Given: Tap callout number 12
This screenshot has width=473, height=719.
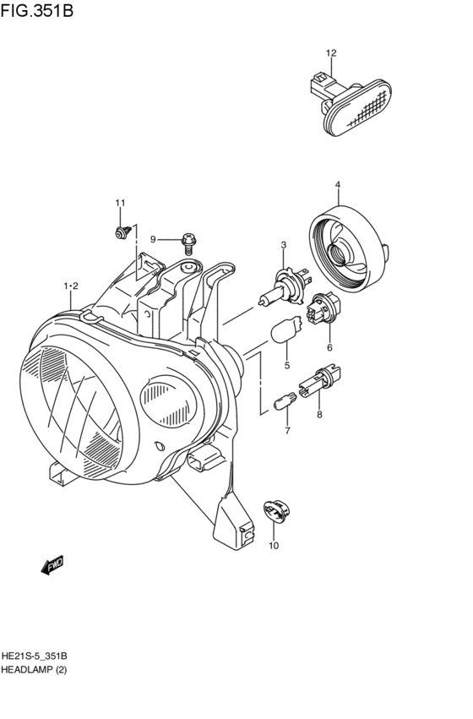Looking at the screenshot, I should click(331, 53).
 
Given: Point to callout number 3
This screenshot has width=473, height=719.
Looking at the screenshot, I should click(284, 245).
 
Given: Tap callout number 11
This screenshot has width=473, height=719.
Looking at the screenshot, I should click(120, 203).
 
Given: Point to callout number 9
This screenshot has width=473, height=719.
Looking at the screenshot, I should click(155, 239).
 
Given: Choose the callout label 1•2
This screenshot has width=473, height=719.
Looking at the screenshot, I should click(71, 287).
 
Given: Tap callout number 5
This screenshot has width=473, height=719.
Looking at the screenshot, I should click(286, 365).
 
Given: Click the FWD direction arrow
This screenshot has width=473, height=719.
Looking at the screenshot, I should click(52, 565).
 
